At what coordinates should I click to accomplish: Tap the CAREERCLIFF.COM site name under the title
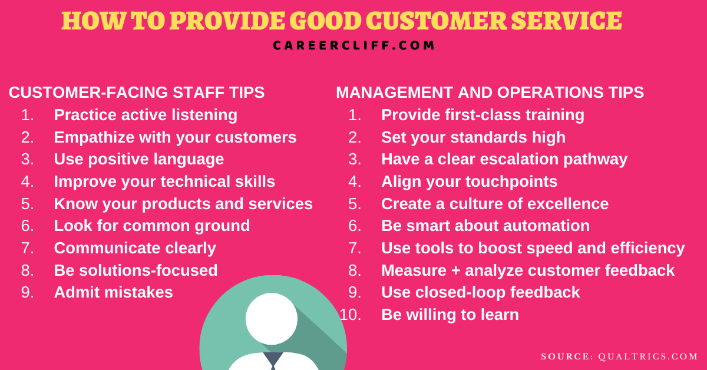pos(353,45)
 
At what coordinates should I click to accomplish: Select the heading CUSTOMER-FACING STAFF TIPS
pos(137,92)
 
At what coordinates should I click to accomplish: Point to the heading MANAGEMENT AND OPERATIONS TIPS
pos(490,92)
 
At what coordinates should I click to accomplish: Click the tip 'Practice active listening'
pos(146,115)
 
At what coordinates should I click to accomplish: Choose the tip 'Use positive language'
pos(139,159)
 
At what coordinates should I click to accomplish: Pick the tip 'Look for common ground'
pos(152,226)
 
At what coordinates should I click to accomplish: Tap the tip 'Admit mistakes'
pos(114,292)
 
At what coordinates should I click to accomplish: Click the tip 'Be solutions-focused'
pos(136,270)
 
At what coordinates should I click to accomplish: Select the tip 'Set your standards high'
pos(473,137)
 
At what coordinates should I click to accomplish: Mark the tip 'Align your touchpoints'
pos(469,181)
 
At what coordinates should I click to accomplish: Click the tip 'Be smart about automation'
pos(485,226)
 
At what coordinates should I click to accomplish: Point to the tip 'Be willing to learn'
pos(450,315)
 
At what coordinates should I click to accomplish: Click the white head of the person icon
pos(272,319)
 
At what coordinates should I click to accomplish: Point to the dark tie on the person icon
pos(273,361)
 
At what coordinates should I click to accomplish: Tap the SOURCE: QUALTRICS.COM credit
pos(620,356)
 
